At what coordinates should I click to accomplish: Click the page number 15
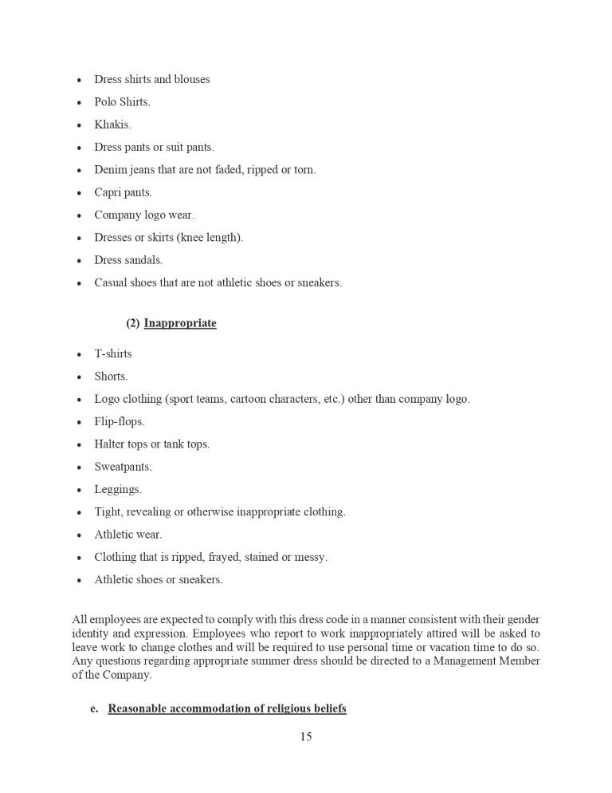[x=306, y=737]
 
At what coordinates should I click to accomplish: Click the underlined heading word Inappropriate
[x=180, y=324]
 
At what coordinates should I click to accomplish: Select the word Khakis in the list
[x=112, y=125]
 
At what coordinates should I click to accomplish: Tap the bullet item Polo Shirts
[x=122, y=102]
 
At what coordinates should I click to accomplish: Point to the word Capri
[x=108, y=193]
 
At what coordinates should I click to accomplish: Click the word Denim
[x=111, y=170]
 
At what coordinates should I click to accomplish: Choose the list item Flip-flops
[x=120, y=422]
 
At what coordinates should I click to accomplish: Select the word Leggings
[x=118, y=490]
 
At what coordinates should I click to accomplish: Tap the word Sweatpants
[x=123, y=467]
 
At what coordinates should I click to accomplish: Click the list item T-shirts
[x=113, y=354]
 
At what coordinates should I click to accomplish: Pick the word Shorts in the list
[x=111, y=377]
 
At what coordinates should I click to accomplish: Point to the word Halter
[x=110, y=444]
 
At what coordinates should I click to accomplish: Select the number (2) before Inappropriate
[x=132, y=324]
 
